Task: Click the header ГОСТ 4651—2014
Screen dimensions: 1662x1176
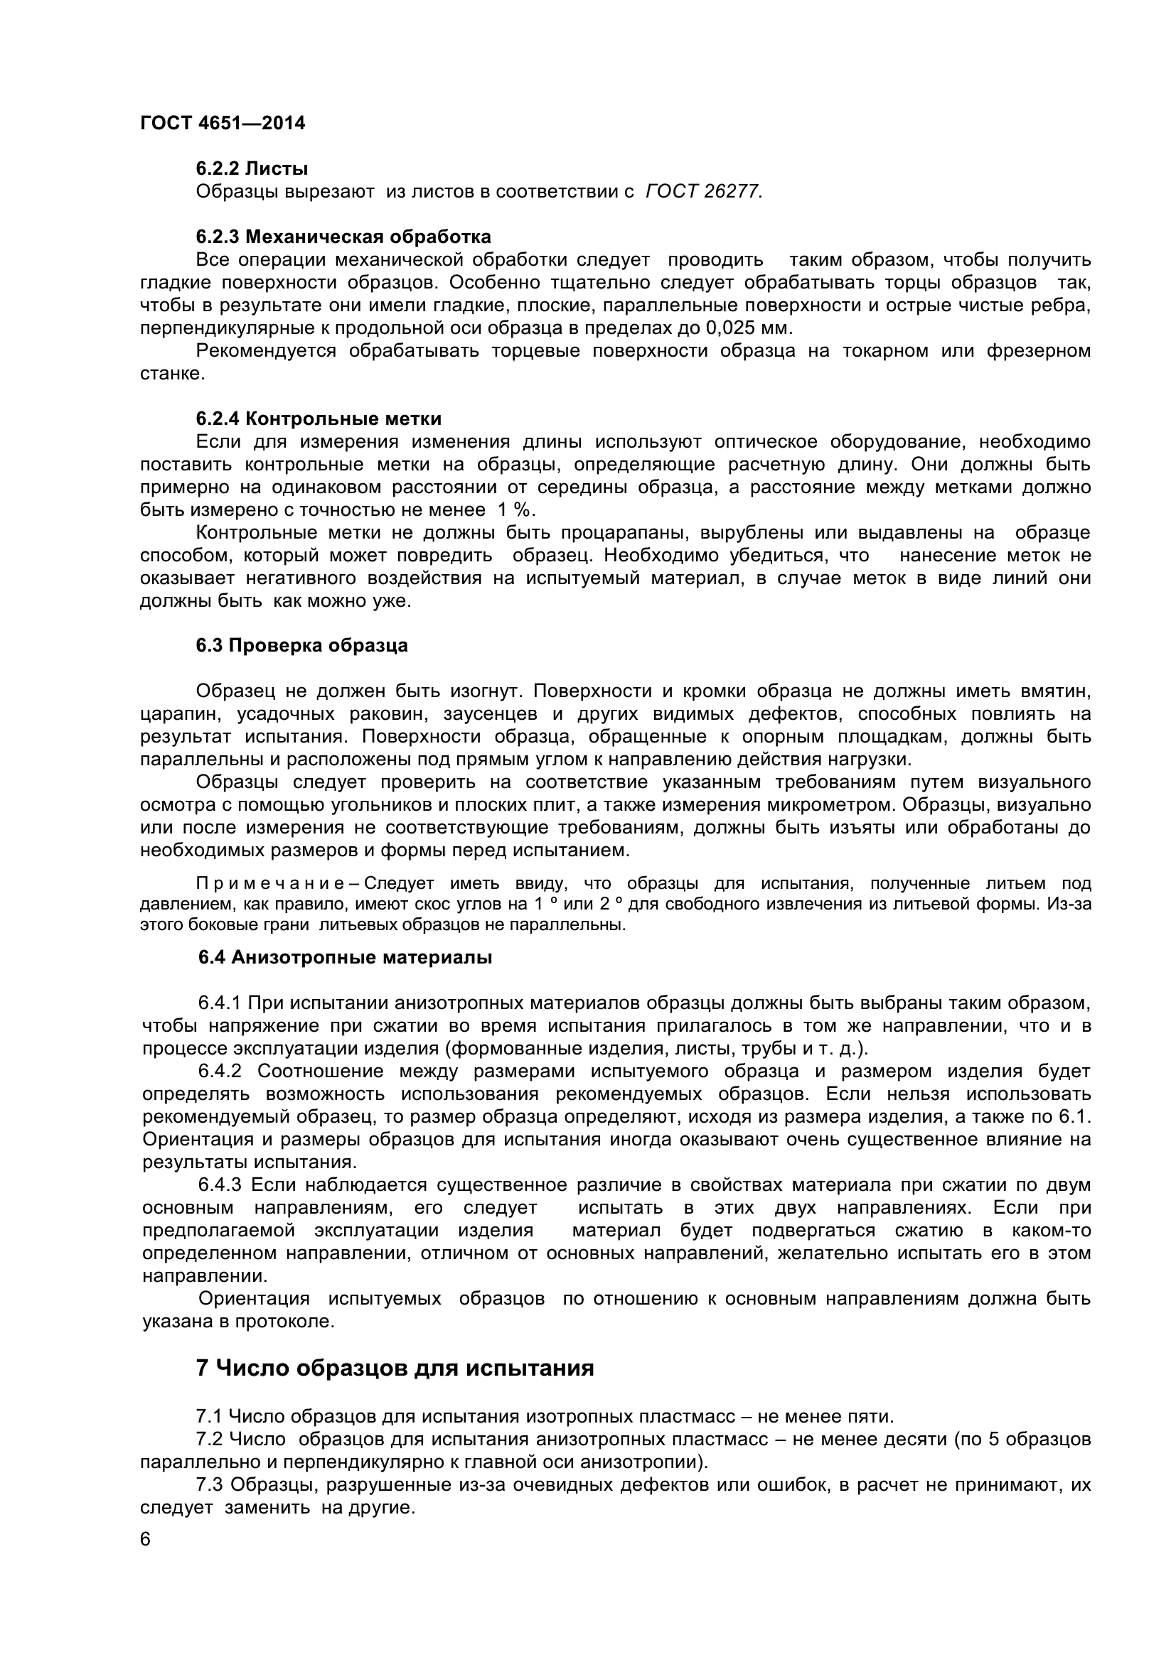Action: [x=223, y=124]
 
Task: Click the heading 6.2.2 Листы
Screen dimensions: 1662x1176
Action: [x=251, y=168]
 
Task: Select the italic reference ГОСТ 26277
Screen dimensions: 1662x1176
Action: [x=703, y=192]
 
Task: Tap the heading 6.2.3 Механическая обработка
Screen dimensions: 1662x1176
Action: [x=343, y=237]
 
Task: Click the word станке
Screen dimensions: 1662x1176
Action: [x=171, y=374]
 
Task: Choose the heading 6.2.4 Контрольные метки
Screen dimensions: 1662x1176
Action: [x=319, y=419]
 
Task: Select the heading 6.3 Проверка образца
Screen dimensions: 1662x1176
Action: [x=302, y=645]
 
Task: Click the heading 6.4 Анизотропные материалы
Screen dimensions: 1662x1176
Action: [x=346, y=957]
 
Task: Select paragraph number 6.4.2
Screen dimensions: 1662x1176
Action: [x=220, y=1071]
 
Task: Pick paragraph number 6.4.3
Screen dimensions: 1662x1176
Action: [x=220, y=1185]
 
